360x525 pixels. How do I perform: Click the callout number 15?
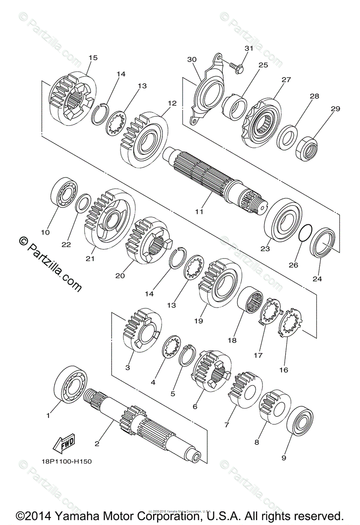click(93, 57)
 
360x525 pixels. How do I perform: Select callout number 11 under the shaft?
click(199, 212)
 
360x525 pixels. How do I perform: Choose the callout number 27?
click(274, 80)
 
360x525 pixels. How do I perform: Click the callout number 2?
click(97, 443)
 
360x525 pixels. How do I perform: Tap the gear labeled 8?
click(275, 406)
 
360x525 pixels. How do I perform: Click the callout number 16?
click(283, 370)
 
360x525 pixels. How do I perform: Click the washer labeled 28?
click(288, 136)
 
